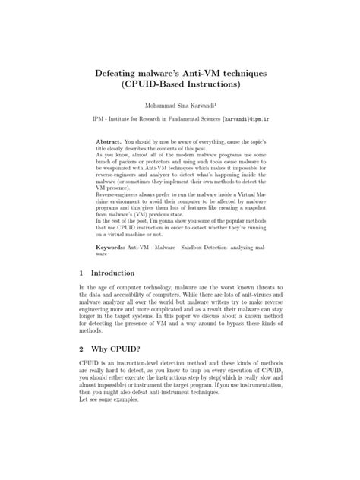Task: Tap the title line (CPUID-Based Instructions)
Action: (179, 83)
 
